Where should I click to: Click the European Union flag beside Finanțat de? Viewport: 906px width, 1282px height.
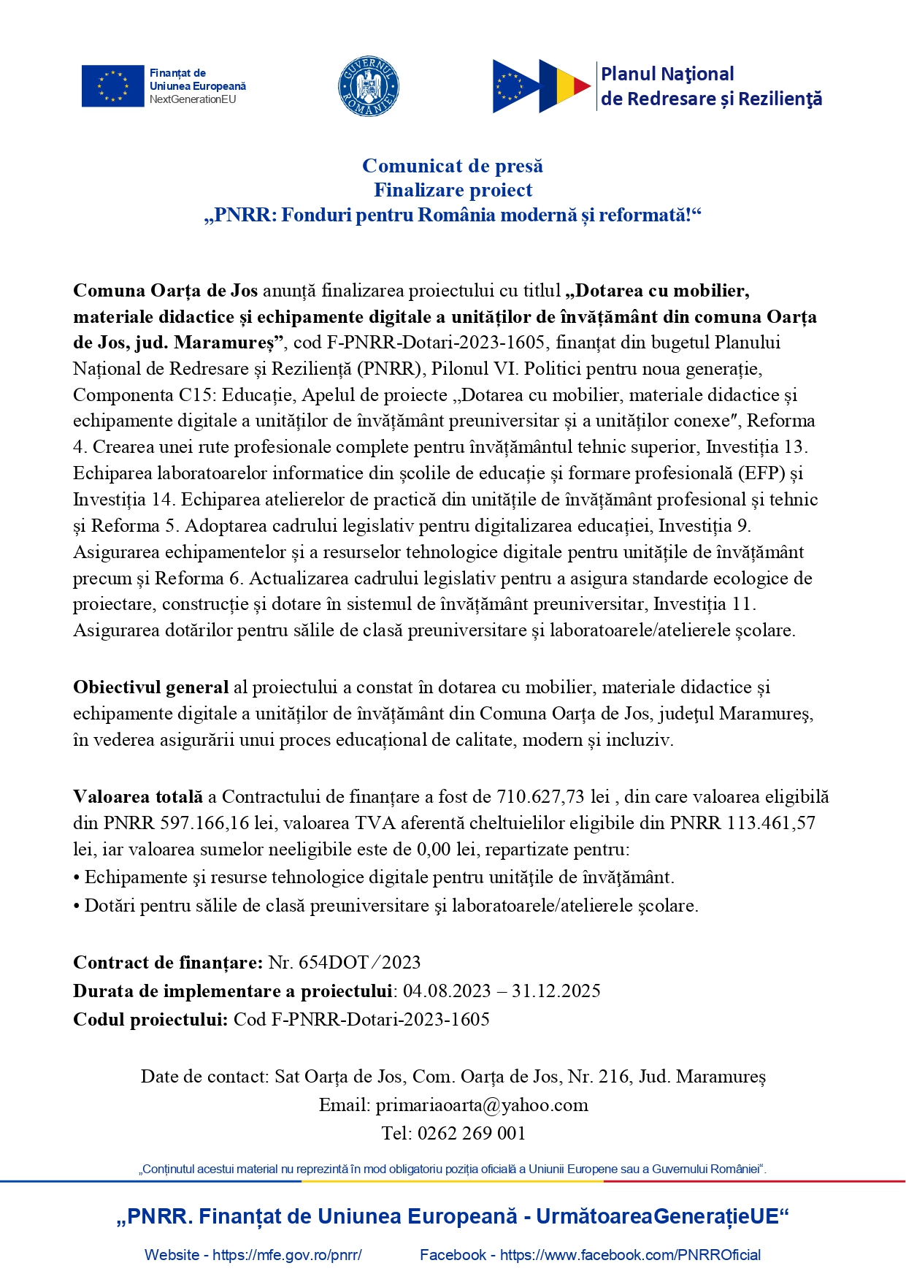click(112, 86)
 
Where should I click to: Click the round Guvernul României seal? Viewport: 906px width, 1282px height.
click(369, 86)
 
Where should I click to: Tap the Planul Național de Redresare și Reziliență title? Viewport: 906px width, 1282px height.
click(710, 86)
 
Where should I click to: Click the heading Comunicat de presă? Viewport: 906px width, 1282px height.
click(453, 166)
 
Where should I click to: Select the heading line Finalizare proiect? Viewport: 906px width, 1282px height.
click(453, 190)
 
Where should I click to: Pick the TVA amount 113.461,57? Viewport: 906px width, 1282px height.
click(771, 823)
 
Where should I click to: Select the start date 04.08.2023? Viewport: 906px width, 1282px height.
click(447, 991)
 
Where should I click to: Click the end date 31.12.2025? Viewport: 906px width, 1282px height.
click(556, 991)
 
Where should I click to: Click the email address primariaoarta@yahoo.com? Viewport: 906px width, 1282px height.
click(482, 1104)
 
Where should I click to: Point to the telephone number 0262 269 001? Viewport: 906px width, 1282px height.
click(472, 1133)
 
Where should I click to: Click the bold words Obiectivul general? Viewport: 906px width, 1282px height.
click(151, 687)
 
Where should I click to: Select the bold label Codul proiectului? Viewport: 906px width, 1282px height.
click(150, 1019)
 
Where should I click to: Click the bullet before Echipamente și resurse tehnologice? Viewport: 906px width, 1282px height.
click(77, 877)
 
